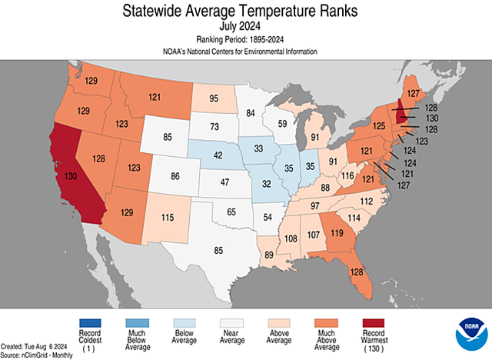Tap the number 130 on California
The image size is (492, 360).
tap(71, 176)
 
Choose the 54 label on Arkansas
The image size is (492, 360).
tap(267, 218)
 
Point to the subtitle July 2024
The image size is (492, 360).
tap(246, 25)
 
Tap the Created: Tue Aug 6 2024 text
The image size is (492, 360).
tap(34, 346)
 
